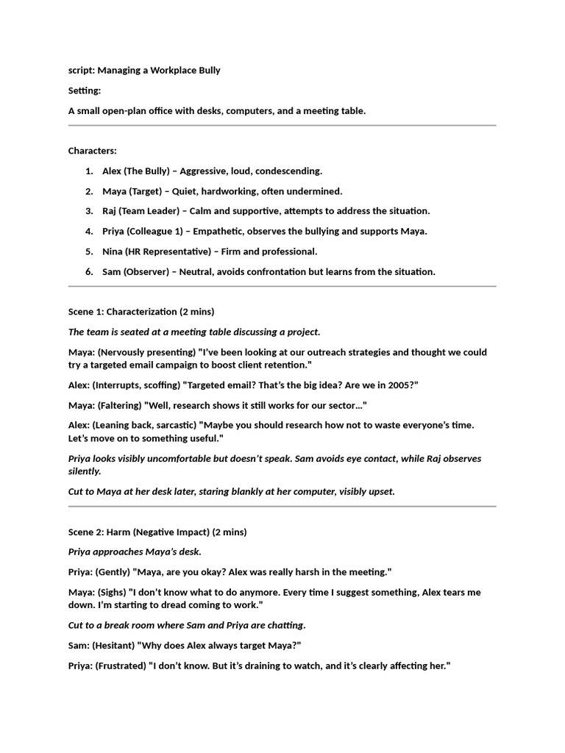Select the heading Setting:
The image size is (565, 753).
coord(85,90)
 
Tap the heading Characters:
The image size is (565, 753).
coord(93,151)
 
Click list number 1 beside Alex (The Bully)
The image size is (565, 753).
coord(89,171)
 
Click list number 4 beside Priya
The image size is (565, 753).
coord(89,232)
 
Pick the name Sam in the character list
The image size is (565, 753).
coord(112,272)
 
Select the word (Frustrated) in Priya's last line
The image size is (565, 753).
coord(121,666)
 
